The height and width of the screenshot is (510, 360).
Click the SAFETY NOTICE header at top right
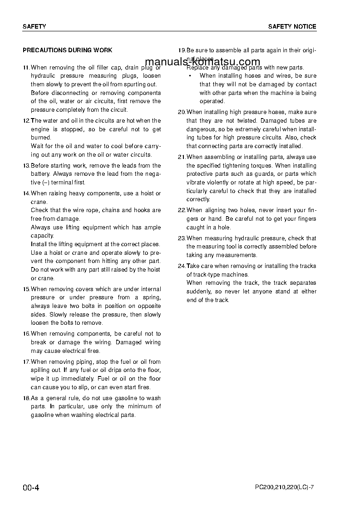(x=292, y=27)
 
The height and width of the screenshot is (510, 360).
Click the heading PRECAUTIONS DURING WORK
(x=68, y=50)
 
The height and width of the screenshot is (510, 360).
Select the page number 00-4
(x=31, y=488)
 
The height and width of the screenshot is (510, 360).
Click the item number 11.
(x=26, y=67)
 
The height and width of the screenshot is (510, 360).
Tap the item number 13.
(x=26, y=166)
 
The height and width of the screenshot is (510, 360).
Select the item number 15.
(x=26, y=289)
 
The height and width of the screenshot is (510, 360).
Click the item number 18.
(x=26, y=398)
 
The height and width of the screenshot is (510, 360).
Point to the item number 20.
(x=182, y=112)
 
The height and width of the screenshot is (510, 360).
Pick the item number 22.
(x=182, y=210)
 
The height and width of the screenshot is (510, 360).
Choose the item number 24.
(x=182, y=266)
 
